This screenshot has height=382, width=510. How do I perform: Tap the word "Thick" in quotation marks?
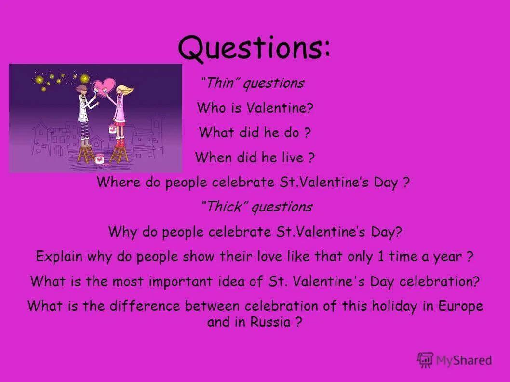coord(225,208)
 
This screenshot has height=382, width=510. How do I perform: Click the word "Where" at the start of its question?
coord(114,183)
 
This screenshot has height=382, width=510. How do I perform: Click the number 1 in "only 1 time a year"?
coord(381,257)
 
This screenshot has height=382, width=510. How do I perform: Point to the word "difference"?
coord(142,306)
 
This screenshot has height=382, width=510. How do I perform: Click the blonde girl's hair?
coord(124,92)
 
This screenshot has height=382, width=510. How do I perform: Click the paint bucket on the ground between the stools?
coord(100,158)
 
